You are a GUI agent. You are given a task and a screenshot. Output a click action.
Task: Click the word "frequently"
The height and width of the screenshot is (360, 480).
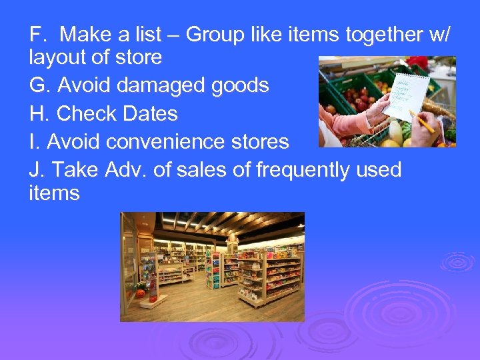[293, 171]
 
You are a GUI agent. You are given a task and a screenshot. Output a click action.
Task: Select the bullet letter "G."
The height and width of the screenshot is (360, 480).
[41, 85]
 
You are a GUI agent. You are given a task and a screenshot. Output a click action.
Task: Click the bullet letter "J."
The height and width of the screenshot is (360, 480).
[37, 171]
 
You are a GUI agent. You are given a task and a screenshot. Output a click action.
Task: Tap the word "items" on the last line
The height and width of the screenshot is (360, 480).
[54, 194]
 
